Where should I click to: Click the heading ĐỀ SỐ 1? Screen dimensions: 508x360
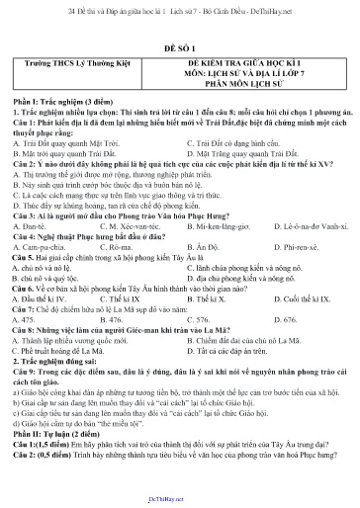179,45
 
